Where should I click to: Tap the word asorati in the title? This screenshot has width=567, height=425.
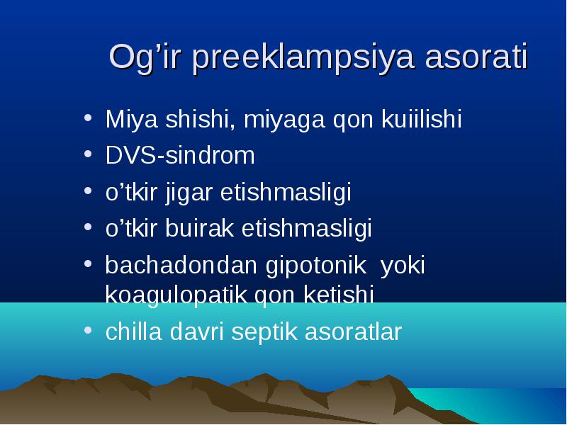[x=477, y=57]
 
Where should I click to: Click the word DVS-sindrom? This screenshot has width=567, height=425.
[x=180, y=155]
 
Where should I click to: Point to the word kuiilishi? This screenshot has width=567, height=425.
[x=422, y=118]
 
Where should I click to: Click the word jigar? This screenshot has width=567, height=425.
[x=189, y=193]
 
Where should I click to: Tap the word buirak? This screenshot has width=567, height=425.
[x=200, y=228]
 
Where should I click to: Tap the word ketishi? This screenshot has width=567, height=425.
[x=339, y=294]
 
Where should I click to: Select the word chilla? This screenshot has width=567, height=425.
[x=133, y=331]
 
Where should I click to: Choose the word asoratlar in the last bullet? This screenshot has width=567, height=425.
[x=353, y=331]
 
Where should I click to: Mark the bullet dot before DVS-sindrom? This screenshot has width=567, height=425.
[x=88, y=154]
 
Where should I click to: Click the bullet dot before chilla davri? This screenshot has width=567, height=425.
[x=88, y=330]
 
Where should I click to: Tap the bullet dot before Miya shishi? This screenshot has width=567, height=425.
[x=88, y=118]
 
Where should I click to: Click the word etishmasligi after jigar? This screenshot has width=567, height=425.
[x=286, y=193]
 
